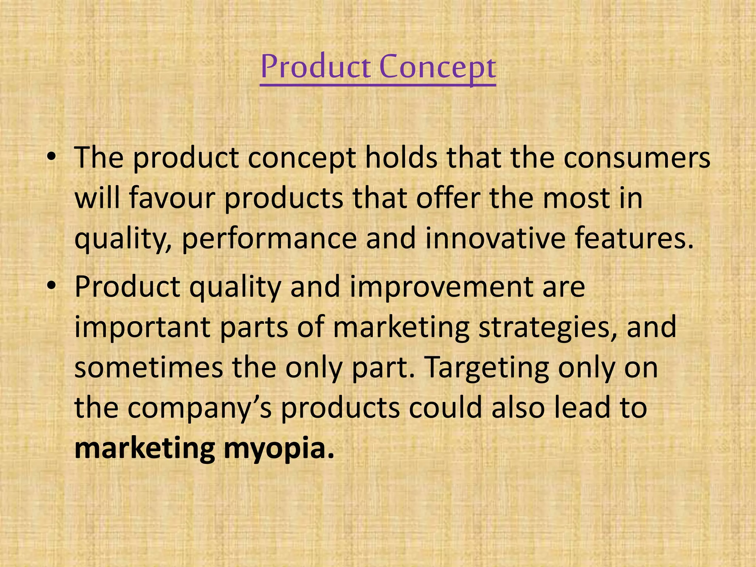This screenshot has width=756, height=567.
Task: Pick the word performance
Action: (x=269, y=239)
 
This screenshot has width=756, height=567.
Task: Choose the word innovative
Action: (x=495, y=238)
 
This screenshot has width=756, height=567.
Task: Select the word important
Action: (x=142, y=327)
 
